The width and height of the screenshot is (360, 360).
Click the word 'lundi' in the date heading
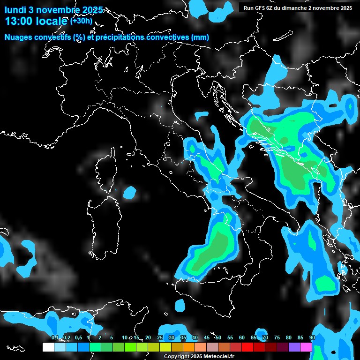pyautogui.click(x=16, y=9)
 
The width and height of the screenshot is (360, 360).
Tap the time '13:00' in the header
pyautogui.click(x=19, y=21)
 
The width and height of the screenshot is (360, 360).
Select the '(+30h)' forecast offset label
pyautogui.click(x=81, y=21)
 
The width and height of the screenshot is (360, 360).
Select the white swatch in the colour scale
pyautogui.click(x=48, y=347)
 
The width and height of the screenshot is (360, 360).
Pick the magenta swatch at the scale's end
pyautogui.click(x=306, y=347)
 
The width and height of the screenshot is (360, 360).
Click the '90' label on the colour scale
pyautogui.click(x=312, y=338)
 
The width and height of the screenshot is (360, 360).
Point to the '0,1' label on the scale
pyautogui.click(x=55, y=338)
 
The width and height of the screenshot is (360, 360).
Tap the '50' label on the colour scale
pyautogui.click(x=218, y=338)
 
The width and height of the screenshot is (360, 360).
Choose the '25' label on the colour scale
pyautogui.click(x=160, y=338)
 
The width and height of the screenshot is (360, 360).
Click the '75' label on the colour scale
pyautogui.click(x=277, y=338)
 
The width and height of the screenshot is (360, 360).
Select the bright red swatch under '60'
pyautogui.click(x=247, y=347)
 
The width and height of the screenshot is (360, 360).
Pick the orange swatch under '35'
pyautogui.click(x=189, y=347)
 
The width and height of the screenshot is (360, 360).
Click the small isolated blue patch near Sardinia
pyautogui.click(x=130, y=192)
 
